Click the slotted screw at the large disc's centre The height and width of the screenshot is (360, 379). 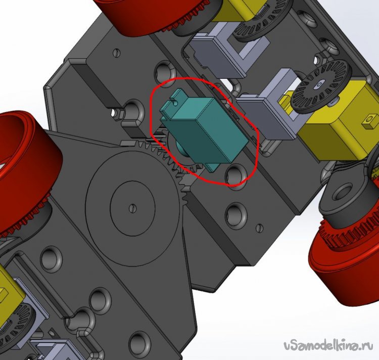click(132, 208)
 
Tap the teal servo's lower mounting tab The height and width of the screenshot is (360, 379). click(212, 166)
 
